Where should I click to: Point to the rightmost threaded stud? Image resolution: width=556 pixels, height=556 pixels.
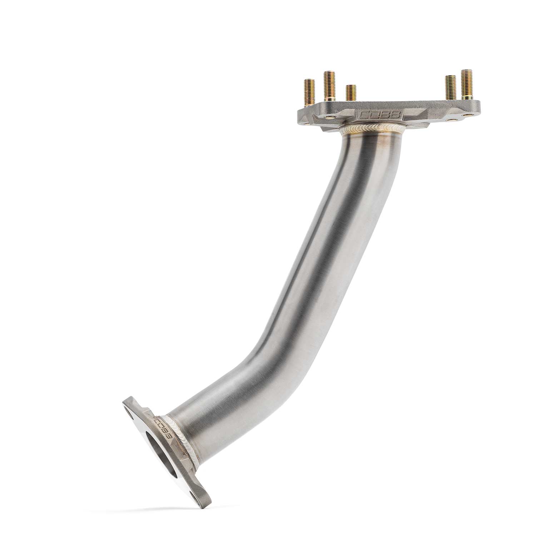(466, 84)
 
